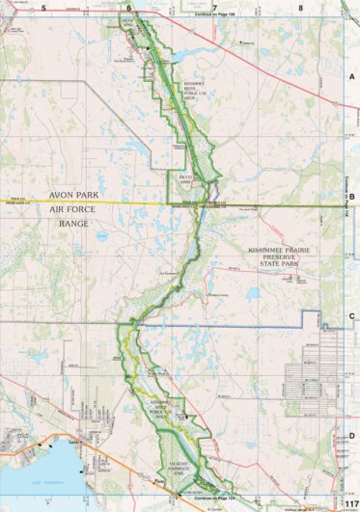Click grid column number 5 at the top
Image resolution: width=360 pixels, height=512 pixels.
point(44,7)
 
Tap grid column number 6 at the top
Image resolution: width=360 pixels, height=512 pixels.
point(127,7)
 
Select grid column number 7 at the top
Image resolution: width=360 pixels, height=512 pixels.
point(213,7)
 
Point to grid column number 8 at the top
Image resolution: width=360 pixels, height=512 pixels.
point(300,7)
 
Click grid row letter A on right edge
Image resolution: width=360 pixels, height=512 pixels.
point(352,75)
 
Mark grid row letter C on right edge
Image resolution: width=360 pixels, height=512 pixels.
point(352,315)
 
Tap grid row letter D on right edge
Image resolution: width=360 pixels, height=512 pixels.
point(352,435)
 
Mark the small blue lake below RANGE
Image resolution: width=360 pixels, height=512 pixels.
point(99,235)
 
